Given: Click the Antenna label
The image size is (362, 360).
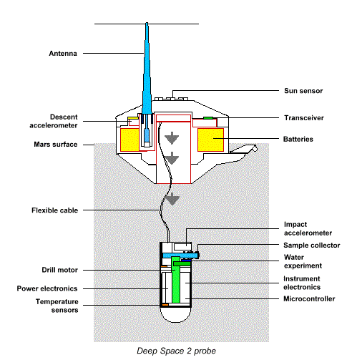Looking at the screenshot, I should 62,53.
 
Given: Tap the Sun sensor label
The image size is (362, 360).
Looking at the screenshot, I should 305,92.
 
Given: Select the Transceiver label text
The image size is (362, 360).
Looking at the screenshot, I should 304,117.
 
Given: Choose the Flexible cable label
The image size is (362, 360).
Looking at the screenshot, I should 54,210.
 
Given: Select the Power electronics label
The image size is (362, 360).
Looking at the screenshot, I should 49,288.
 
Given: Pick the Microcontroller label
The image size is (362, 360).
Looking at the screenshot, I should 310,298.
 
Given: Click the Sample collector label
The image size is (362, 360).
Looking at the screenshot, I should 311,245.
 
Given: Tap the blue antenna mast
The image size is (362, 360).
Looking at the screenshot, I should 146,72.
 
